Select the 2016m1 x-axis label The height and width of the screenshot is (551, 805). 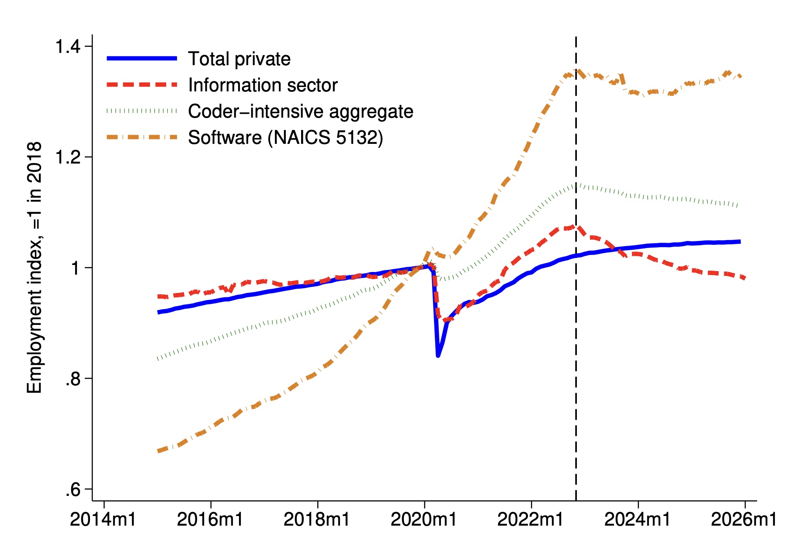tap(210, 520)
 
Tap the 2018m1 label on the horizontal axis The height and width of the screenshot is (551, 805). tap(316, 520)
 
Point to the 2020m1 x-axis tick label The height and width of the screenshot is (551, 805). tap(423, 520)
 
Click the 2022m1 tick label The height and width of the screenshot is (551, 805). tap(530, 520)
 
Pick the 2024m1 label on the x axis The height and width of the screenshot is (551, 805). tap(637, 520)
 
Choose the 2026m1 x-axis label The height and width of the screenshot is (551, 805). tap(744, 520)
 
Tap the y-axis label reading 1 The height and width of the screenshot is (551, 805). tap(76, 268)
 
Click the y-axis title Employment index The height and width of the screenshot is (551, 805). tap(34, 268)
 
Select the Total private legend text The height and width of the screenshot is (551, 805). tap(239, 59)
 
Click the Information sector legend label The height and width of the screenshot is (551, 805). tap(263, 85)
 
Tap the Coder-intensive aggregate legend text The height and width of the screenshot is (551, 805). tap(300, 111)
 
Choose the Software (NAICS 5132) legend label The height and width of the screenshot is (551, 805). tap(285, 137)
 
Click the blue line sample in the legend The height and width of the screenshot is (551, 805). tap(142, 58)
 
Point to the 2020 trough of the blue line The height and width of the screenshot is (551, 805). tap(438, 356)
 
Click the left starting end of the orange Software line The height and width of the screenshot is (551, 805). tap(159, 451)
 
